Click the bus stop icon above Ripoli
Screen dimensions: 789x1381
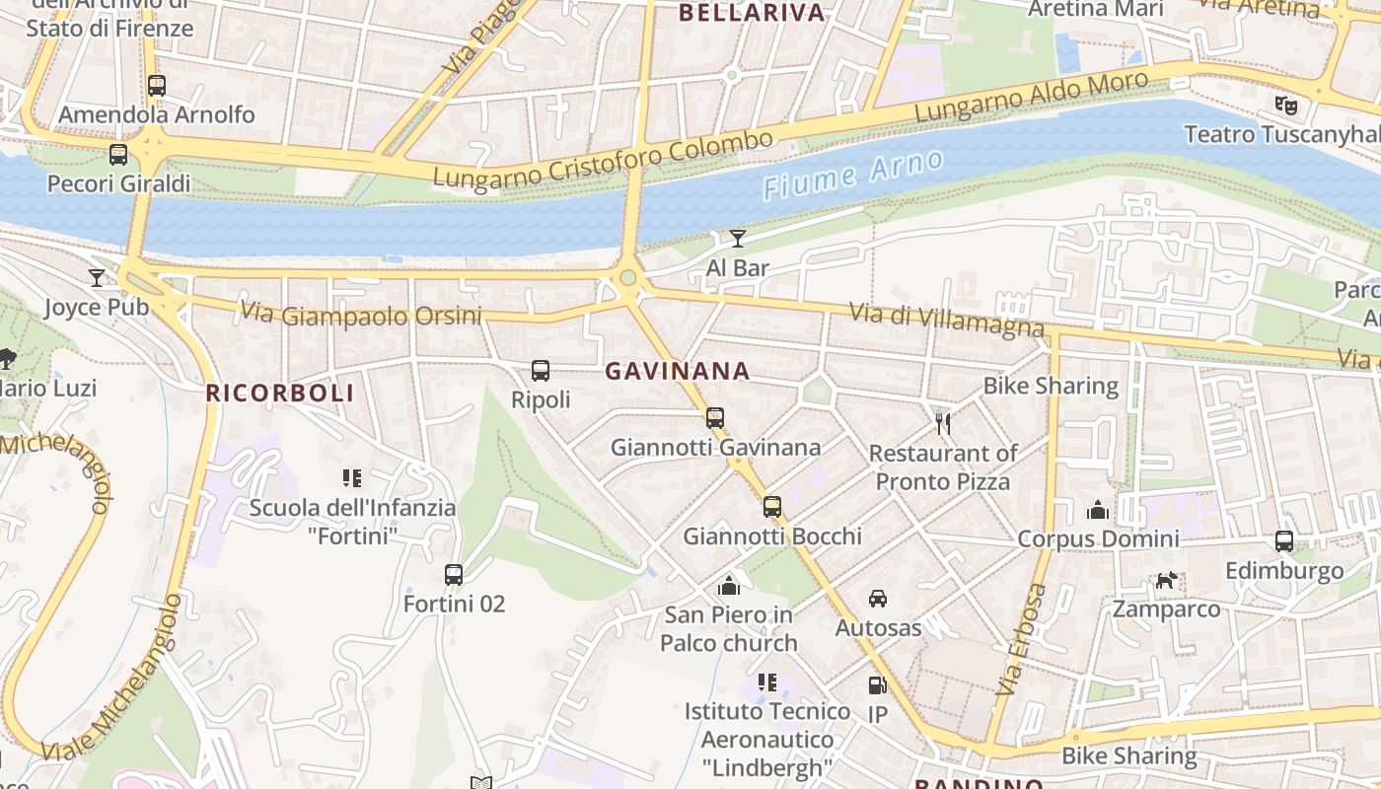pyautogui.click(x=541, y=371)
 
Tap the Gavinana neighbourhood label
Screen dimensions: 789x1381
pyautogui.click(x=677, y=372)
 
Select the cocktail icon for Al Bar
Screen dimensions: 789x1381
pyautogui.click(x=738, y=238)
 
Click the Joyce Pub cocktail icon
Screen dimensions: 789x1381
pyautogui.click(x=97, y=278)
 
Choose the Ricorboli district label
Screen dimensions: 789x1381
pyautogui.click(x=279, y=394)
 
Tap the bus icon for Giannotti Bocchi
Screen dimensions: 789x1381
pyautogui.click(x=772, y=507)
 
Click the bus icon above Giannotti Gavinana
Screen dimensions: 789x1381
pyautogui.click(x=715, y=417)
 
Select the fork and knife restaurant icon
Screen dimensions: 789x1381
pyautogui.click(x=943, y=424)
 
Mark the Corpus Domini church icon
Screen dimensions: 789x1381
pyautogui.click(x=1098, y=510)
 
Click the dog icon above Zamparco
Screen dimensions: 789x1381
pyautogui.click(x=1167, y=581)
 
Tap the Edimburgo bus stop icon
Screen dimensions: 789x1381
pyautogui.click(x=1284, y=541)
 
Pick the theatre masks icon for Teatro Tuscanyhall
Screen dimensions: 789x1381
pyautogui.click(x=1284, y=104)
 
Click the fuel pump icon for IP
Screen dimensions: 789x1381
pyautogui.click(x=877, y=684)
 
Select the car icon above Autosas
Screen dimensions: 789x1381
pyautogui.click(x=878, y=599)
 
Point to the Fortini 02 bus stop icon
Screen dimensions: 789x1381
pyautogui.click(x=454, y=574)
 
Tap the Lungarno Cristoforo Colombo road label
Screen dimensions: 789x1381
pyautogui.click(x=603, y=161)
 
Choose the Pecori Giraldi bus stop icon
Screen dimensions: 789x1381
pyautogui.click(x=118, y=155)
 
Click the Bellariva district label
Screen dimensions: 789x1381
pyautogui.click(x=752, y=13)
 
